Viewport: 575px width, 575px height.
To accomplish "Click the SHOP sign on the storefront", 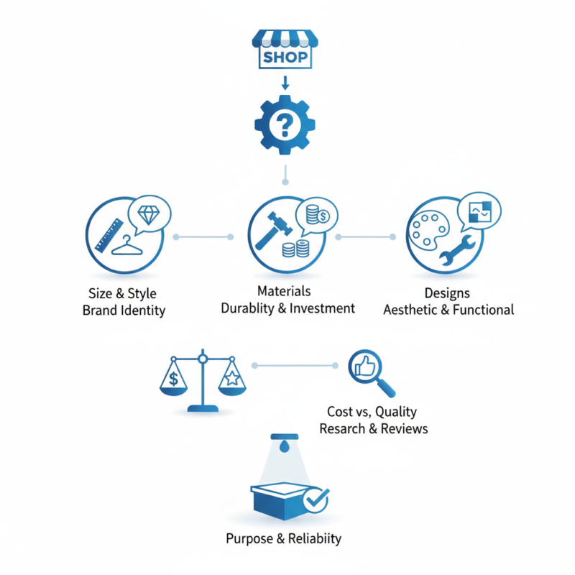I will point(285,57).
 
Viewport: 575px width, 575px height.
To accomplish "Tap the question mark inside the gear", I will point(285,126).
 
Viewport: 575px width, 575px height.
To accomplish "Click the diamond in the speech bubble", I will point(150,213).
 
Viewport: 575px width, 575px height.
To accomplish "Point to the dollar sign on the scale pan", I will point(174,378).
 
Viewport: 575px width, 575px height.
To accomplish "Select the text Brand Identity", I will point(124,310).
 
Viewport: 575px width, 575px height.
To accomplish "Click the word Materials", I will point(284,291).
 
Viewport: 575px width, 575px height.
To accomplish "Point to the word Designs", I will point(447,293).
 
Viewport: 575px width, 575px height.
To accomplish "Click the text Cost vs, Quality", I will point(372,412).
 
